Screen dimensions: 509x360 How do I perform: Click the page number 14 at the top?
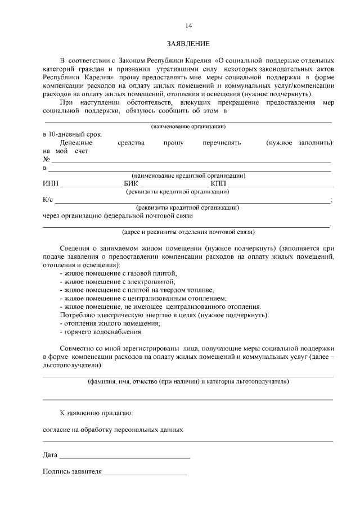click(188, 26)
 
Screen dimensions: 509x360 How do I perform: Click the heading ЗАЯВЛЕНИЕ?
click(188, 43)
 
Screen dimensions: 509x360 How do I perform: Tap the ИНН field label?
click(50, 184)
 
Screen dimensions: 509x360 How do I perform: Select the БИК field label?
click(130, 184)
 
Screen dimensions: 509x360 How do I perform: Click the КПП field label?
click(218, 184)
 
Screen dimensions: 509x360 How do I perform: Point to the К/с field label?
click(48, 199)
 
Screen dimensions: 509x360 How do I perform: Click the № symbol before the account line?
click(46, 160)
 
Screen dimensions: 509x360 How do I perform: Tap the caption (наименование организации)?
click(188, 127)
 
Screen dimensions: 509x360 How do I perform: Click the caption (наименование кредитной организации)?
click(188, 175)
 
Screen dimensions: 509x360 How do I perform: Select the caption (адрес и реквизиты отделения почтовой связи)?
click(188, 231)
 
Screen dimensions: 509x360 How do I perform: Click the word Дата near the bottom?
click(50, 454)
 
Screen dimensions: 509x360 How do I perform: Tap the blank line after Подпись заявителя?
click(145, 472)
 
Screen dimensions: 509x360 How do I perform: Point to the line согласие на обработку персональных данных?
click(113, 429)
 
